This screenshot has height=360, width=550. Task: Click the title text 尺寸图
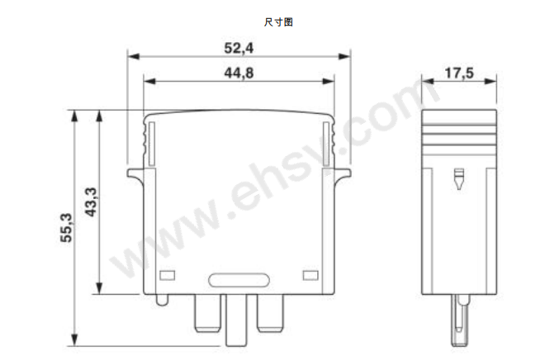click(x=278, y=22)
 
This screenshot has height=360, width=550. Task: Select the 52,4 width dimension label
click(x=238, y=48)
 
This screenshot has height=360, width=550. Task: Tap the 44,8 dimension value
click(x=238, y=73)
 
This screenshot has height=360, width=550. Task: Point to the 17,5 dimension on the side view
click(x=458, y=73)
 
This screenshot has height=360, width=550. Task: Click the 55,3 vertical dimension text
click(x=67, y=228)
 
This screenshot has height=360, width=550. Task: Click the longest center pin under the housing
click(x=238, y=319)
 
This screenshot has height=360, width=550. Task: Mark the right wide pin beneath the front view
click(x=270, y=311)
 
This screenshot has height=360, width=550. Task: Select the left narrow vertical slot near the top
click(x=149, y=139)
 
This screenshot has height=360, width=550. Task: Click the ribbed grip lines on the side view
click(x=459, y=132)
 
